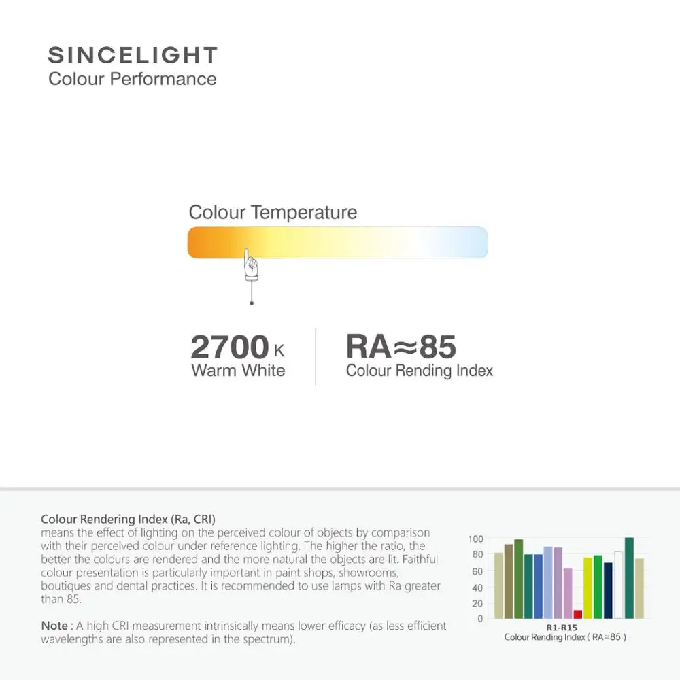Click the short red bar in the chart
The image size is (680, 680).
point(578,614)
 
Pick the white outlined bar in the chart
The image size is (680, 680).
point(618,585)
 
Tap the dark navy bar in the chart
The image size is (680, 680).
point(608,590)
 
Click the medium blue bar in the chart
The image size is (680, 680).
point(538,586)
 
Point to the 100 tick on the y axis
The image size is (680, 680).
point(475,539)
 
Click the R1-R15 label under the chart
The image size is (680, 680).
point(561,628)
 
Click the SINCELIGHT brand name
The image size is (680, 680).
point(133,55)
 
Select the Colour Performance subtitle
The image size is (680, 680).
point(133,79)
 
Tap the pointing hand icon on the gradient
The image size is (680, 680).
point(251,266)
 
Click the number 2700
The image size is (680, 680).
point(230,347)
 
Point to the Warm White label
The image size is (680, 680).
point(238,371)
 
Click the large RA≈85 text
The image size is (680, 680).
point(401,346)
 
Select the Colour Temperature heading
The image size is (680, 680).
point(273,212)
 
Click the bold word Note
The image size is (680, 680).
point(54,626)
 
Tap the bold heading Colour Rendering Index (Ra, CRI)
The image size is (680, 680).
point(128,520)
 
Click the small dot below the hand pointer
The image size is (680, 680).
point(252,303)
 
